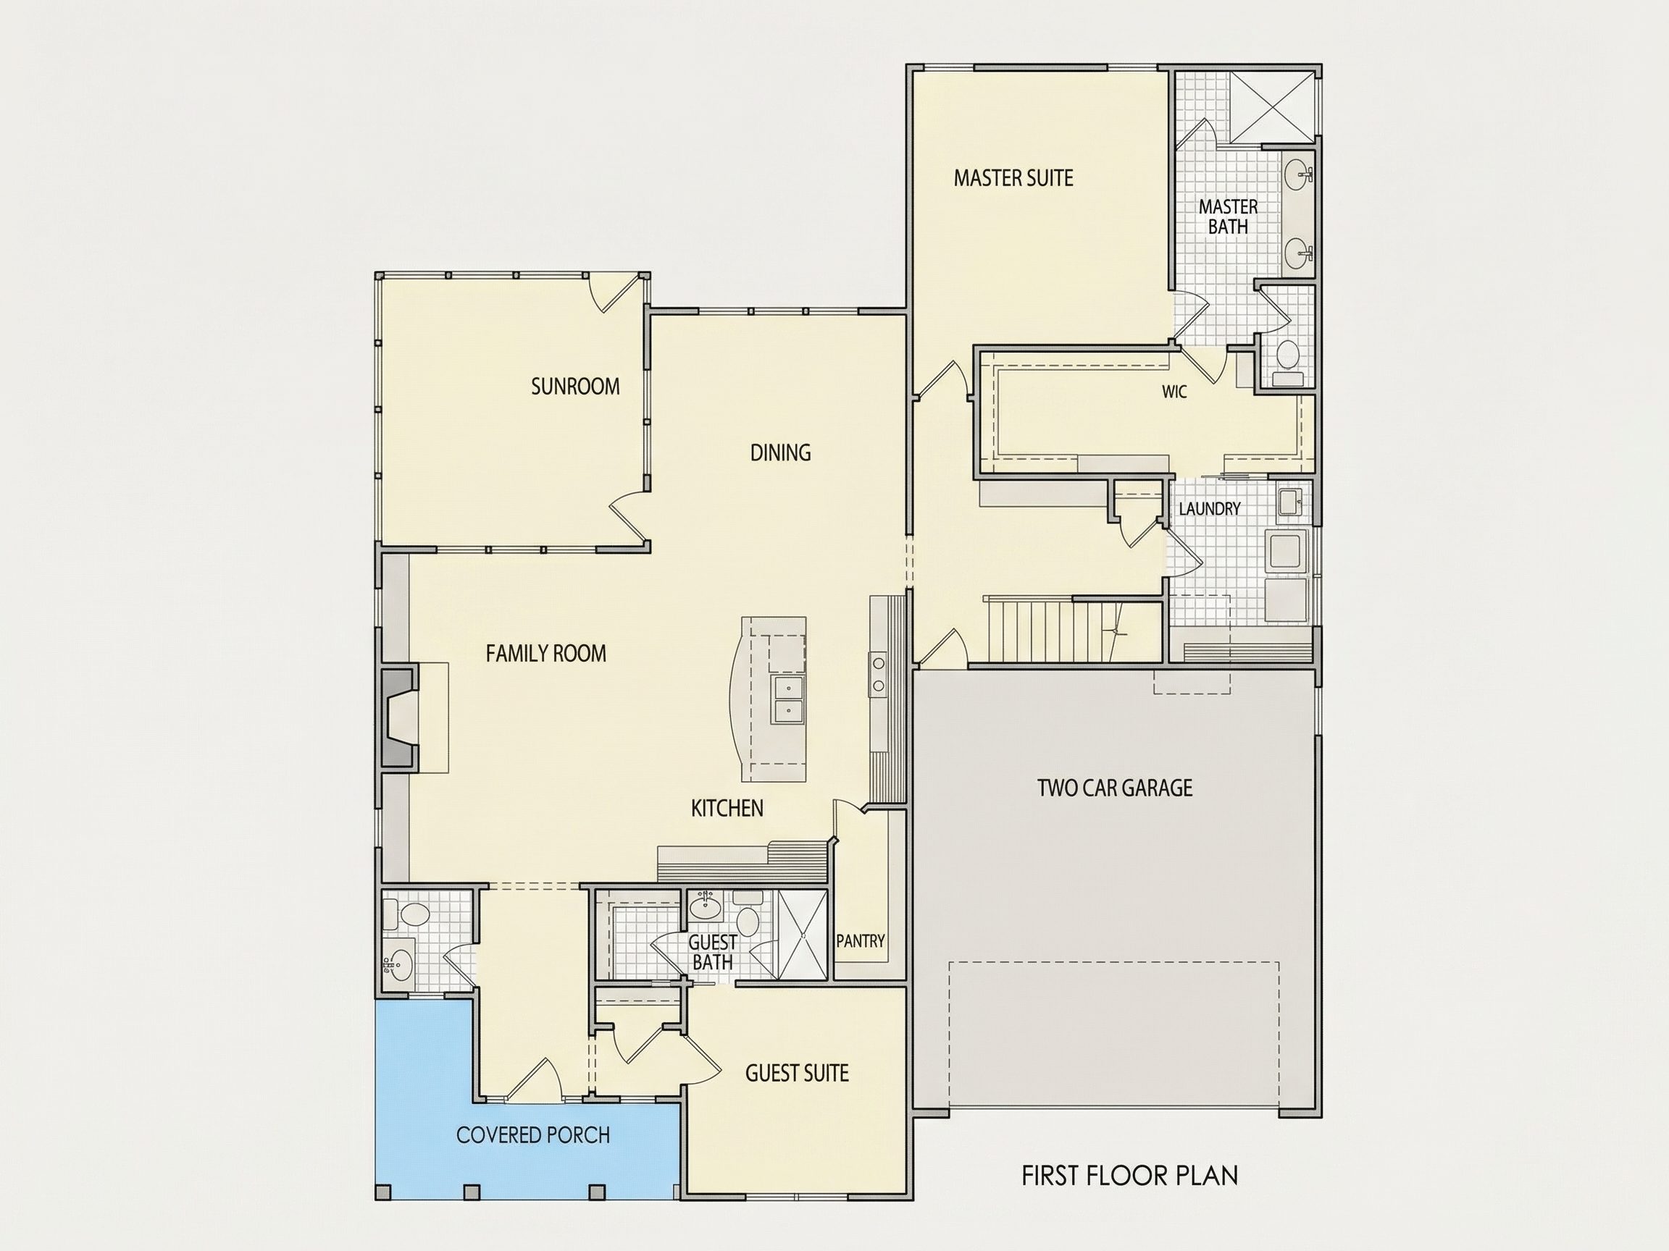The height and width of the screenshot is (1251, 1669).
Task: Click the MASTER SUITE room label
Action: click(1013, 178)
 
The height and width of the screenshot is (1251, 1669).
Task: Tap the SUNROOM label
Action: click(575, 386)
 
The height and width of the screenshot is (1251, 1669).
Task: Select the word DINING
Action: click(780, 452)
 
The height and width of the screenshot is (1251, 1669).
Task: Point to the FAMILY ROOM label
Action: click(545, 653)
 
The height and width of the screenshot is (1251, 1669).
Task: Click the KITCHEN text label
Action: click(727, 809)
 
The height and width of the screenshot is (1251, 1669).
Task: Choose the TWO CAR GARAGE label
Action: click(1114, 788)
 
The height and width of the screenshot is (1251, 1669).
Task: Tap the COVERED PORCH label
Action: click(532, 1135)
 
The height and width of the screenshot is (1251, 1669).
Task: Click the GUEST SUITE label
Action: click(797, 1073)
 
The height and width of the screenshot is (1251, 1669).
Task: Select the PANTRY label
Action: click(860, 941)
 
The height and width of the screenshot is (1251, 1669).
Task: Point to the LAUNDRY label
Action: click(1210, 509)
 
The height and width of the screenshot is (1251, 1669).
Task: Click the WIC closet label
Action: click(1174, 392)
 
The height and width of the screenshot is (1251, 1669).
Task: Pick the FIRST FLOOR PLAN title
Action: click(1129, 1176)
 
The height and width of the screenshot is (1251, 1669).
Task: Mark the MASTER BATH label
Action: click(1228, 216)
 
